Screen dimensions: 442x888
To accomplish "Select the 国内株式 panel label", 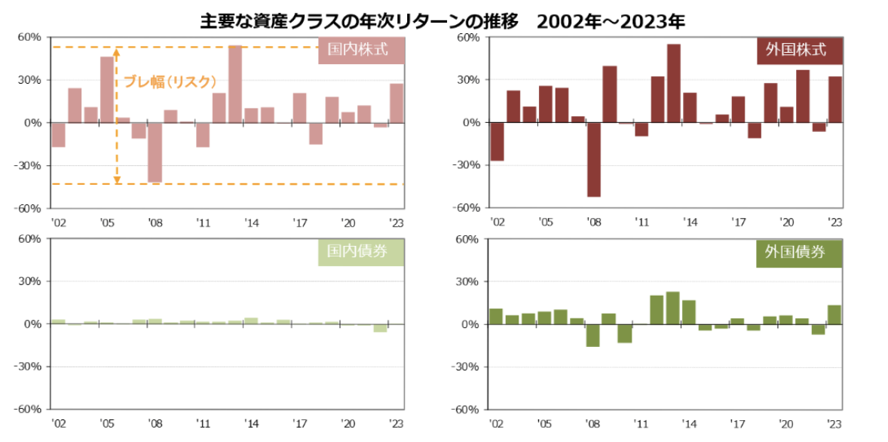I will [363, 51].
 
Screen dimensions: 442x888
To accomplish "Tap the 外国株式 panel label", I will [800, 51].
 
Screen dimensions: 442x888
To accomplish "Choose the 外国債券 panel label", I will [800, 253].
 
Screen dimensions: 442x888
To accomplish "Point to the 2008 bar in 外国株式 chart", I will [594, 159].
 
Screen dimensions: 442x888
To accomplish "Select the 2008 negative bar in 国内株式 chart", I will [155, 152].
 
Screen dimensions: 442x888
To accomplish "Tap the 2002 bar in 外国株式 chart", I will [497, 141].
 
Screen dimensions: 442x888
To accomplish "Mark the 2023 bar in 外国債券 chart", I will [834, 315].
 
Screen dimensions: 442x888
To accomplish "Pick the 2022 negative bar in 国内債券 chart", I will [380, 328].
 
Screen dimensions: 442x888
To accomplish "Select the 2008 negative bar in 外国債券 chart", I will [593, 335].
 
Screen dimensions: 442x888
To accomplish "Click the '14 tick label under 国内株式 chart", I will [251, 223].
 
